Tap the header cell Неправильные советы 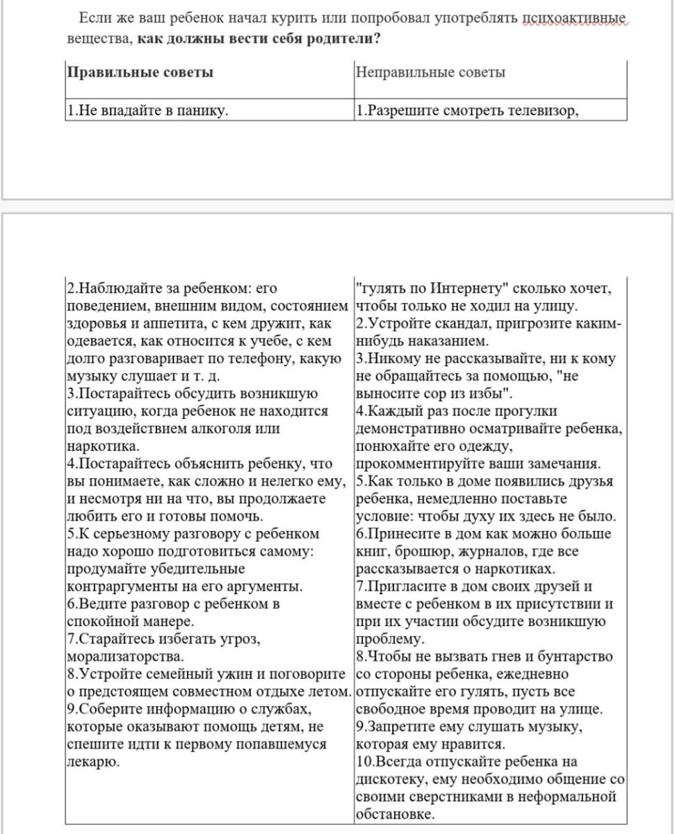[430, 72]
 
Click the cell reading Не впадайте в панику [148, 110]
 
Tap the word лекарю [92, 761]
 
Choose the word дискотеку [391, 778]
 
